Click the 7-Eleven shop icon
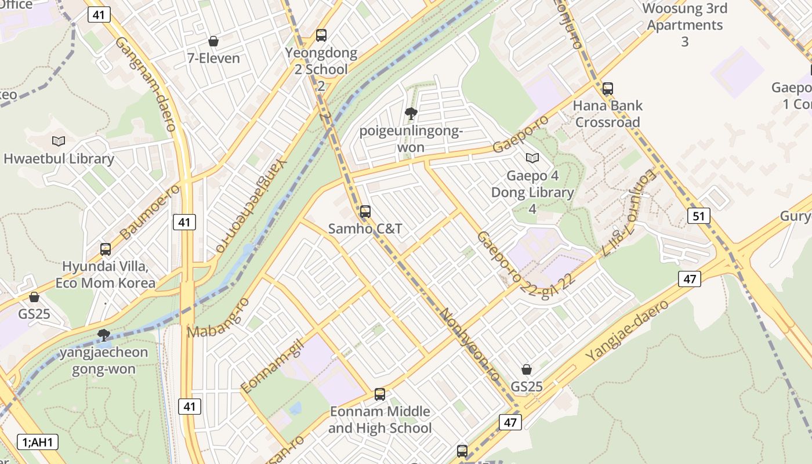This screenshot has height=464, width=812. click(x=213, y=41)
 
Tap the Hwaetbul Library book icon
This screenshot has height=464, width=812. click(x=59, y=141)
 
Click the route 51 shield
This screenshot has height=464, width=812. click(x=698, y=216)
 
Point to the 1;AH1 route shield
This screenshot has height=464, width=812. click(x=38, y=442)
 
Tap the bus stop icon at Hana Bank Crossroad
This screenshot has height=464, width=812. click(x=607, y=89)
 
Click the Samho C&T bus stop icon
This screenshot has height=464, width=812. click(x=365, y=212)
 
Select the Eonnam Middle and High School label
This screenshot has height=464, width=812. click(x=380, y=420)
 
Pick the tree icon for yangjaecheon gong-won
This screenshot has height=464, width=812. click(x=104, y=335)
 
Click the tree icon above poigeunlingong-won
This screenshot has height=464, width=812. click(x=411, y=113)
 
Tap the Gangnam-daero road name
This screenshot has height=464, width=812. click(x=146, y=84)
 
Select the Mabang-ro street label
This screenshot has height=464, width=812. click(x=218, y=318)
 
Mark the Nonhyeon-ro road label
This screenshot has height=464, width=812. click(x=469, y=345)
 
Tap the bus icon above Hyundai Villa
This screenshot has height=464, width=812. click(x=106, y=249)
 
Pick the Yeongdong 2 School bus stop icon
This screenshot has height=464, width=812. click(x=321, y=35)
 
